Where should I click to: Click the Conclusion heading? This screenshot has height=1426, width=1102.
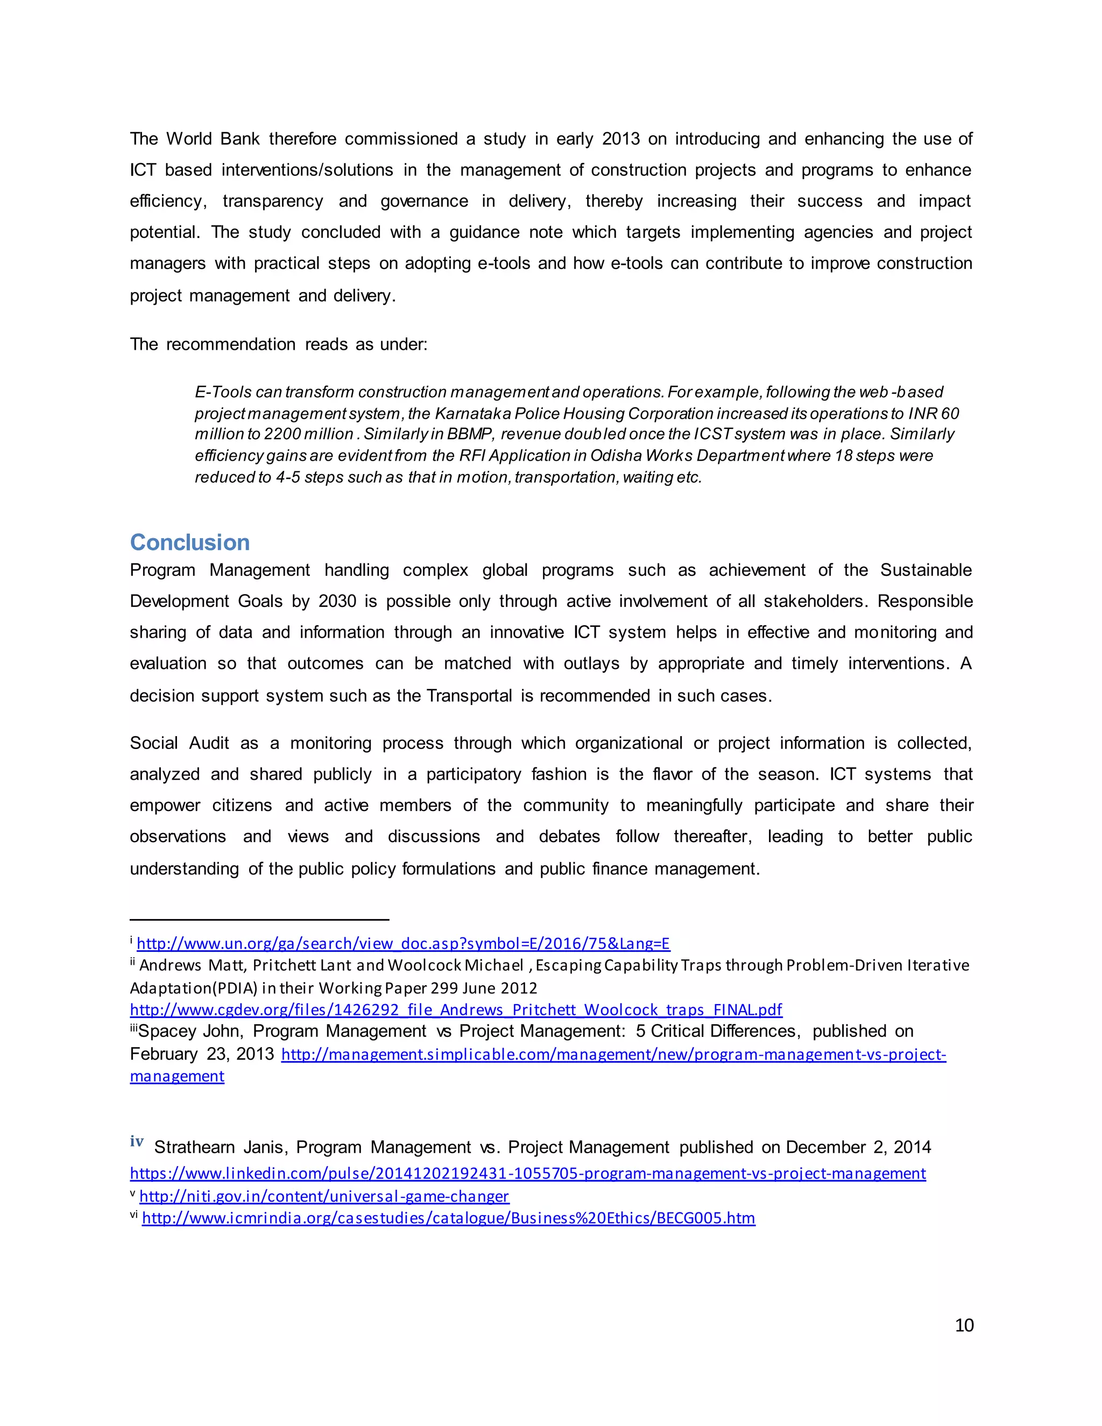[x=189, y=542]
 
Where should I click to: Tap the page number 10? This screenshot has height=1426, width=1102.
[x=964, y=1325]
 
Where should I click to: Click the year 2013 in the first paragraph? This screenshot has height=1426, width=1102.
[x=620, y=139]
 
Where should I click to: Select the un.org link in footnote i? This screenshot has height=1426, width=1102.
[x=403, y=943]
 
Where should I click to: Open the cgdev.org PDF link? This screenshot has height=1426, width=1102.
[x=456, y=1010]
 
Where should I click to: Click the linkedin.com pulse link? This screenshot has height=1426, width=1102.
[x=527, y=1173]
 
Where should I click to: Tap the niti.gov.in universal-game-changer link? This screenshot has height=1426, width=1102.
[x=324, y=1196]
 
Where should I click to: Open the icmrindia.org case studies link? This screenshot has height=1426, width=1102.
[x=449, y=1218]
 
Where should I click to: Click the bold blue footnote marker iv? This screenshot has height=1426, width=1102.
[x=137, y=1141]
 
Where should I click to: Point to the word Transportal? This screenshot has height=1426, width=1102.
[x=469, y=696]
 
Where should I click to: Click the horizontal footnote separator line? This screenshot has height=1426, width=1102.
[x=259, y=919]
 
